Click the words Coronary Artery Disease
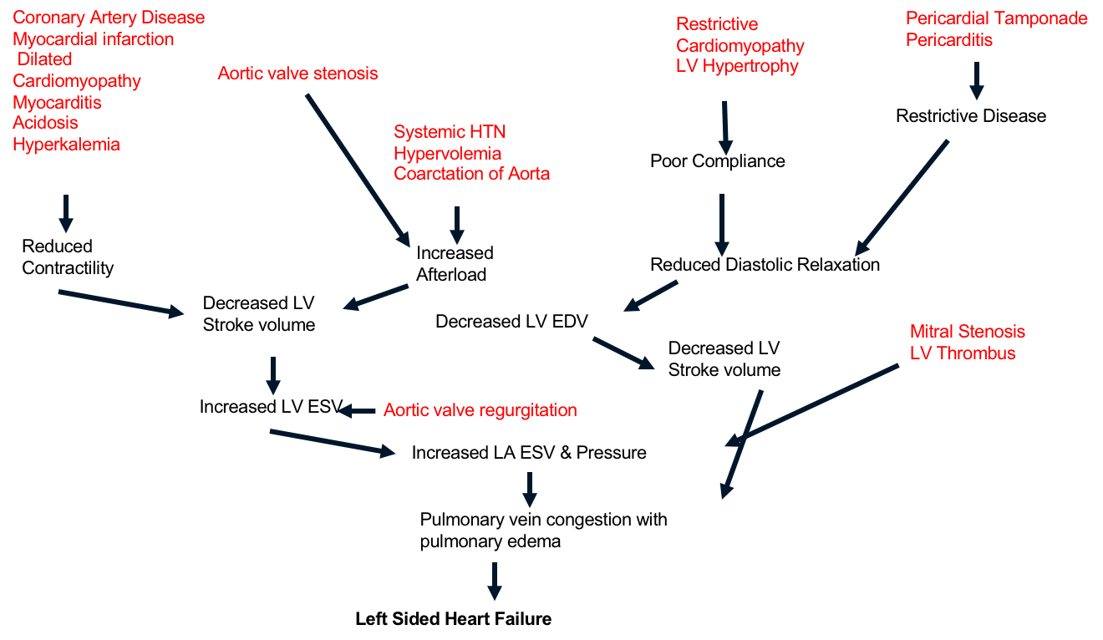109,18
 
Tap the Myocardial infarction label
93,39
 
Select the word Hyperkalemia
66,145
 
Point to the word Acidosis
45,123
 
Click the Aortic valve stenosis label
297,74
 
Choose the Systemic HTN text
450,132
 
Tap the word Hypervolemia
447,154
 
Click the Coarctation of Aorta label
471,175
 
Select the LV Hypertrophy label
737,66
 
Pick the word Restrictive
717,24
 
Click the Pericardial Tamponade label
996,18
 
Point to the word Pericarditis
948,40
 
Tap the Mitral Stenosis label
967,332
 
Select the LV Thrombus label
962,353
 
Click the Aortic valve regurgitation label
480,410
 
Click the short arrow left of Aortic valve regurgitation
357,411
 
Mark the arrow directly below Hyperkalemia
65,213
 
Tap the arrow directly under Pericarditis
975,81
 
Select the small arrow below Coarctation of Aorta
456,225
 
